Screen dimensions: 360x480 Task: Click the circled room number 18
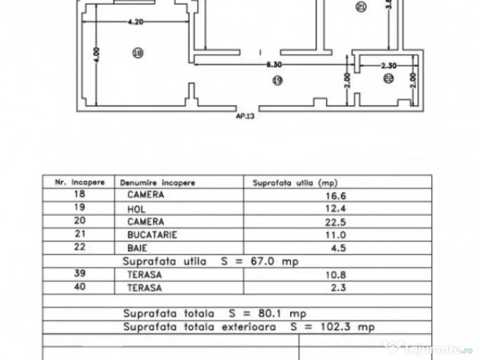[x=137, y=53]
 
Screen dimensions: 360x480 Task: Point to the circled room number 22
[x=388, y=79]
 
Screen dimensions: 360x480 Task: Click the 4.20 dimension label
[x=135, y=21]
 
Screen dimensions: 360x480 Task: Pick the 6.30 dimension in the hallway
[x=274, y=66]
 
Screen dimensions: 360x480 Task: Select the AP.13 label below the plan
[x=245, y=118]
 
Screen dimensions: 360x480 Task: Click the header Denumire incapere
[x=157, y=182]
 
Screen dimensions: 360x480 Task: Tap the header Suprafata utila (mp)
[x=295, y=182]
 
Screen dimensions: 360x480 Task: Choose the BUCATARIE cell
[x=152, y=235]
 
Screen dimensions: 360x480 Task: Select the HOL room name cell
[x=136, y=210]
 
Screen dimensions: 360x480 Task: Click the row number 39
[x=80, y=274]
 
